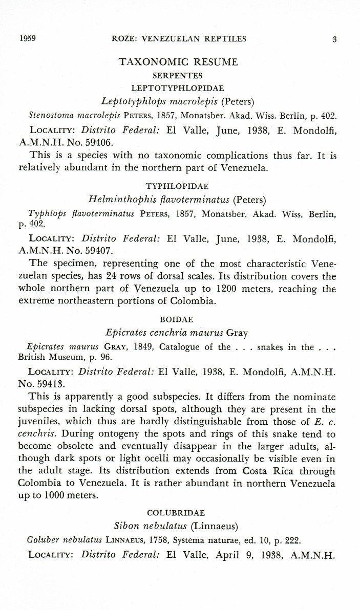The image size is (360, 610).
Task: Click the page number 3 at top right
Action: click(334, 38)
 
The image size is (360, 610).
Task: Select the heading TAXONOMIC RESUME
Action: click(178, 62)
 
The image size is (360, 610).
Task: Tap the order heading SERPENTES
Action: click(178, 76)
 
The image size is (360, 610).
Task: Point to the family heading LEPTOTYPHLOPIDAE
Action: click(178, 88)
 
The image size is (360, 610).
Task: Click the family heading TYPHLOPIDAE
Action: click(178, 187)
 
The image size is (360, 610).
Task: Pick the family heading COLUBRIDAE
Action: click(176, 512)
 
